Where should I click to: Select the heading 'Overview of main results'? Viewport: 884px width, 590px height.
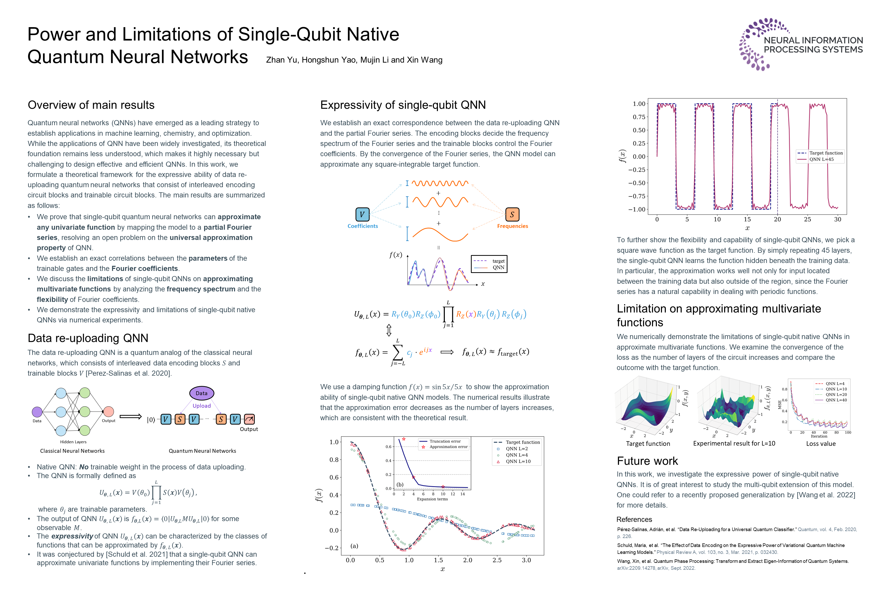pyautogui.click(x=91, y=105)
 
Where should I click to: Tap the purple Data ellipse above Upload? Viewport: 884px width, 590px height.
pyautogui.click(x=202, y=393)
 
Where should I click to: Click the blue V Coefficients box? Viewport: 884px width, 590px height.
pyautogui.click(x=362, y=215)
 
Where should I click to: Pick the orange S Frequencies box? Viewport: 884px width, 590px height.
pyautogui.click(x=512, y=215)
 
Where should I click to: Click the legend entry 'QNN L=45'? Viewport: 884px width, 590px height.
pyautogui.click(x=821, y=160)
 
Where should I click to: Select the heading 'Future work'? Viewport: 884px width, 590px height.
pyautogui.click(x=647, y=461)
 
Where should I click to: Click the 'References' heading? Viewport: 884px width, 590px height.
pyautogui.click(x=634, y=520)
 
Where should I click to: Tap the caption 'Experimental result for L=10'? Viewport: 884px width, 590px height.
pyautogui.click(x=734, y=444)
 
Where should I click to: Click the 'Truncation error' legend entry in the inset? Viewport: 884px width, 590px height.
pyautogui.click(x=445, y=441)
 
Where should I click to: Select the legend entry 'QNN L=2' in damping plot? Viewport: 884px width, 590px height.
pyautogui.click(x=516, y=449)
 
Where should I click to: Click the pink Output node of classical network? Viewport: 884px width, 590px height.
pyautogui.click(x=109, y=412)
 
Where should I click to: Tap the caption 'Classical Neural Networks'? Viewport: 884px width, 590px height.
pyautogui.click(x=73, y=451)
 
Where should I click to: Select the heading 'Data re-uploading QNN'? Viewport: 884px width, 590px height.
pyautogui.click(x=88, y=338)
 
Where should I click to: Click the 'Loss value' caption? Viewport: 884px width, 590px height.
pyautogui.click(x=821, y=444)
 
